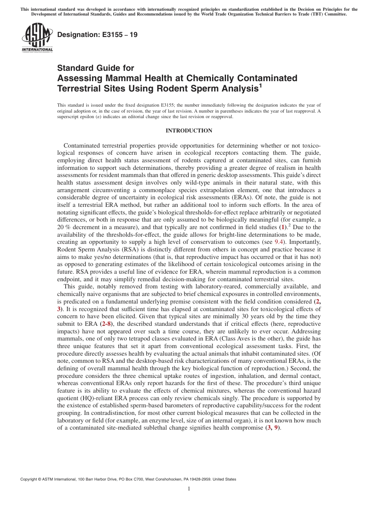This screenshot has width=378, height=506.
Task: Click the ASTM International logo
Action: click(37, 38)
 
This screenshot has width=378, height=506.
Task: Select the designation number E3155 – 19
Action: click(97, 35)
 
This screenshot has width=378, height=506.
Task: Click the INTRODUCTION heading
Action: click(189, 131)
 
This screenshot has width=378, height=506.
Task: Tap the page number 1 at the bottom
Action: click(189, 489)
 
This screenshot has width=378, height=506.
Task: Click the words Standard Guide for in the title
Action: click(96, 68)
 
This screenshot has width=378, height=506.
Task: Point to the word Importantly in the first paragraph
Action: click(306, 242)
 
